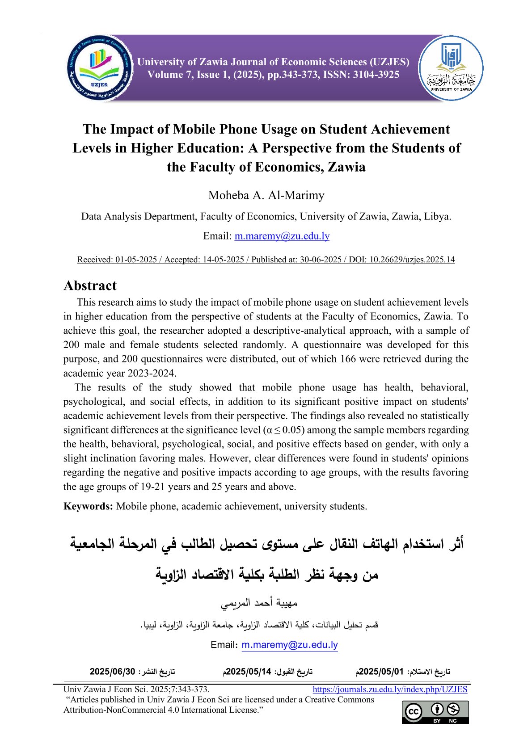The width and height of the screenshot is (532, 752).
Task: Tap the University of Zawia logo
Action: [451, 68]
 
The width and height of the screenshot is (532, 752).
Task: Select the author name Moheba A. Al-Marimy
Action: [266, 195]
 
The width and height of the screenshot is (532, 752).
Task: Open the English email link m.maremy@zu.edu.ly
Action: [282, 236]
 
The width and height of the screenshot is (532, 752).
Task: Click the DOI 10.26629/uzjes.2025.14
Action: [412, 260]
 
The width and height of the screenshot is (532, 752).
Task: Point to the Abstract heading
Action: [90, 286]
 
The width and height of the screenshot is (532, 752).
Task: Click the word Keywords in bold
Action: [88, 506]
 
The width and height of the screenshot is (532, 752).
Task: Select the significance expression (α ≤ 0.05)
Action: [284, 430]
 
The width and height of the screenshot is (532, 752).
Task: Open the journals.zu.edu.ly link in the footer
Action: [390, 689]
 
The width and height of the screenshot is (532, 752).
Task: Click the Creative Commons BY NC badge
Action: [435, 712]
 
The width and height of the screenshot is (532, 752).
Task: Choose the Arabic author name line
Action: [259, 603]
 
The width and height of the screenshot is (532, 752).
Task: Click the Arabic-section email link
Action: [289, 645]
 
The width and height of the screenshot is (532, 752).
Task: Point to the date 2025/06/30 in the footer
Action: [112, 672]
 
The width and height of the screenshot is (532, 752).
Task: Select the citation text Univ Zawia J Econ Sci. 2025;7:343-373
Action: [136, 689]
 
